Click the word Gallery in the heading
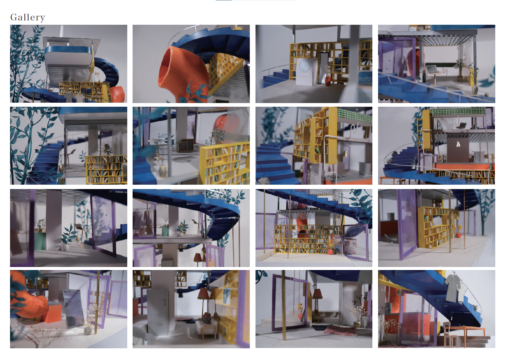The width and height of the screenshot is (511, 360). pos(27,17)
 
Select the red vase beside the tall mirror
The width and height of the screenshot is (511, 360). pos(327,81)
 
